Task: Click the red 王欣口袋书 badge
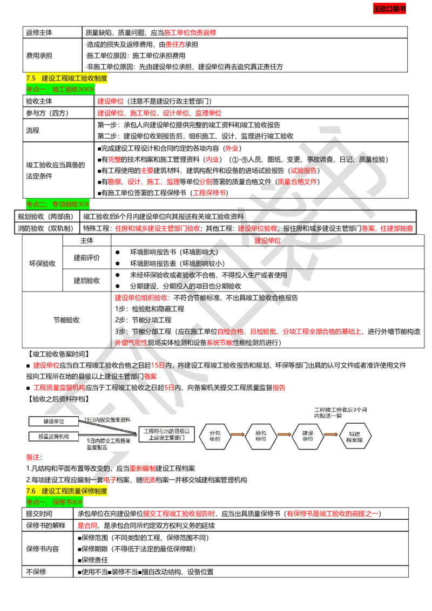click(x=390, y=9)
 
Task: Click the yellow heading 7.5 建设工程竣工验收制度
click(x=67, y=79)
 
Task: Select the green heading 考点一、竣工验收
click(x=60, y=90)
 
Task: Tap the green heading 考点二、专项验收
click(x=58, y=205)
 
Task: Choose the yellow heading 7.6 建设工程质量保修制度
click(x=67, y=491)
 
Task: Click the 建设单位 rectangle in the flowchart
click(x=53, y=421)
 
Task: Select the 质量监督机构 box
click(x=53, y=436)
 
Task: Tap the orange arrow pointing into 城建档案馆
click(x=330, y=435)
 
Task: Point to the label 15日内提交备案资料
click(x=107, y=420)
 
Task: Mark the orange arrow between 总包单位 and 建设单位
click(x=284, y=435)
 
